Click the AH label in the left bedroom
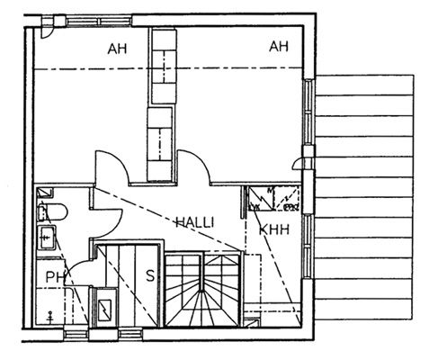117,49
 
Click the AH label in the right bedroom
279,47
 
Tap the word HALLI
195,222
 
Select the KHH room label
274,229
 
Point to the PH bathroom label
56,277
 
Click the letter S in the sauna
150,275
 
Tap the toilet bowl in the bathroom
53,211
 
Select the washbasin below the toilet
47,238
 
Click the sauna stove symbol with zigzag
104,310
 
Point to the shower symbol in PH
50,318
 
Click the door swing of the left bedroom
112,167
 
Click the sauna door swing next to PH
78,269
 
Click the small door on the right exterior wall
299,164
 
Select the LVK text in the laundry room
255,207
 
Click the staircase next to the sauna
203,290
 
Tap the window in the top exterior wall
99,22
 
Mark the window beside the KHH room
308,246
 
